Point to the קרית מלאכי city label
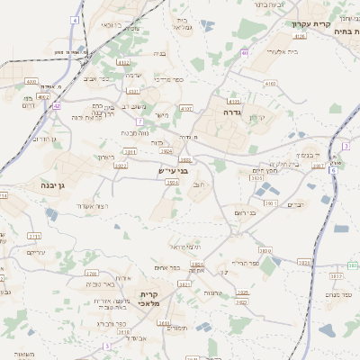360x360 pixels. [x=149, y=300]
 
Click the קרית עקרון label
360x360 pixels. [x=330, y=24]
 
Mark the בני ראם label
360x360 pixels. [x=245, y=211]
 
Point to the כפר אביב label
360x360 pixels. [x=97, y=79]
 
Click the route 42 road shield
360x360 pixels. [x=56, y=105]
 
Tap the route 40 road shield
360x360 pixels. [x=244, y=53]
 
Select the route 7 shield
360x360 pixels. [x=140, y=121]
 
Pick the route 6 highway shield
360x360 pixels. [x=333, y=170]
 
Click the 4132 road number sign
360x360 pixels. [x=123, y=62]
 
